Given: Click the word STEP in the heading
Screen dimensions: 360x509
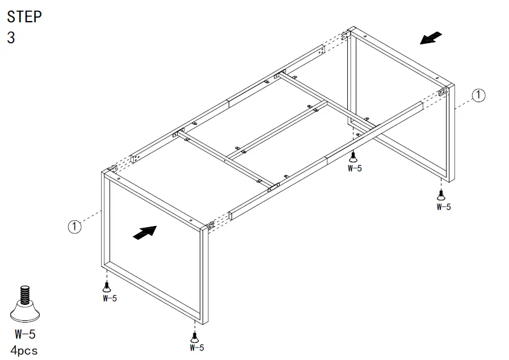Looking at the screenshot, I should tap(24, 16).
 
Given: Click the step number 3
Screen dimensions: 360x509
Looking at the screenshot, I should tap(11, 38).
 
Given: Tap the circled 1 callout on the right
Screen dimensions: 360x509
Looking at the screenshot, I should tap(479, 95).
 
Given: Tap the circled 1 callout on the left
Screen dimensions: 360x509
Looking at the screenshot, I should tap(74, 227).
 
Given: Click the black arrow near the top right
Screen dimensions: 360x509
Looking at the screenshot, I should tap(431, 38).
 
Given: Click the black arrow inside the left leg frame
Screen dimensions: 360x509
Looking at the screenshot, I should tap(144, 232).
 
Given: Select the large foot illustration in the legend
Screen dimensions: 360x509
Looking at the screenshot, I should tap(26, 304).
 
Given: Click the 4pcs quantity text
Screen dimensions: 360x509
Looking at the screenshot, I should tap(24, 350).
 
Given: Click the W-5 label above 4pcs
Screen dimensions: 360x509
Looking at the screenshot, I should tap(25, 334).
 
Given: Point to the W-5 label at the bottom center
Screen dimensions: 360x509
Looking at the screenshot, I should tap(196, 347).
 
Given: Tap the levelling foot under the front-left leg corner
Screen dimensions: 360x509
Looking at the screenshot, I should tap(106, 286).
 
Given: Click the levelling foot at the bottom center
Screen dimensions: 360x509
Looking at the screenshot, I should tap(196, 335).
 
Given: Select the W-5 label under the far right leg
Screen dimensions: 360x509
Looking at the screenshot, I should tap(444, 207).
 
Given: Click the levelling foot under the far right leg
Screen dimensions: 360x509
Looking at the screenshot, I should tap(441, 195).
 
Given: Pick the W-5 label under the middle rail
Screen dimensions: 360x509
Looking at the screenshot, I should tap(355, 168).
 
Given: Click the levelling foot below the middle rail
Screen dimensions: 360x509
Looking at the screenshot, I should tap(354, 156).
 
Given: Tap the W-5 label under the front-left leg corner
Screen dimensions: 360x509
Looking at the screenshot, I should tap(108, 298).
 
